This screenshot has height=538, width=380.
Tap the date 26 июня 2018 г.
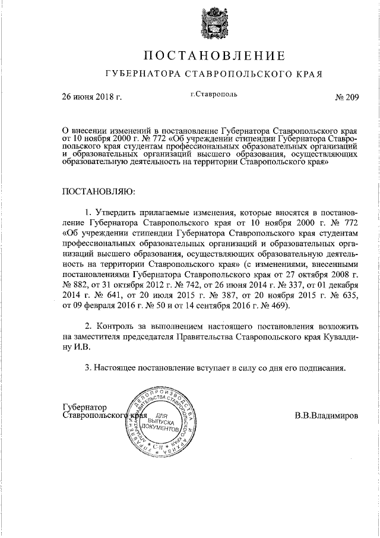(92, 97)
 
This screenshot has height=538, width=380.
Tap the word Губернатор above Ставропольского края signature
(85, 407)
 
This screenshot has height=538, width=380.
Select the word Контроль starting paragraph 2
(113, 328)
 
